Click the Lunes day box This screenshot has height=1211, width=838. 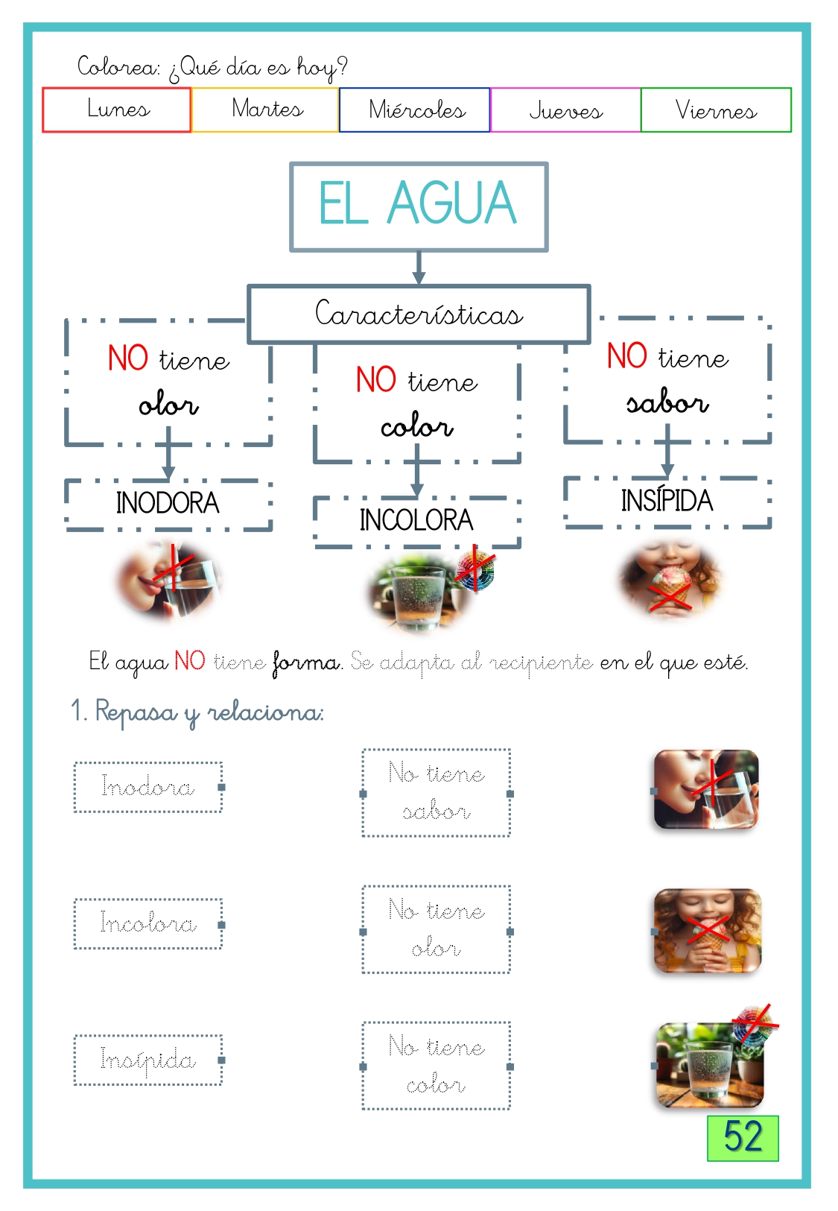coord(117,110)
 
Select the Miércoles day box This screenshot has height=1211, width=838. coord(414,110)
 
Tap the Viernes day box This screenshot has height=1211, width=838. coord(716,110)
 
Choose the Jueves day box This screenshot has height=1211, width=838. coord(565,110)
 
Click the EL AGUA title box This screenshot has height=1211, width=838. coord(419,206)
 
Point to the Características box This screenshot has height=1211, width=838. coord(419,314)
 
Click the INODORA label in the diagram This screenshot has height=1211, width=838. coord(168,503)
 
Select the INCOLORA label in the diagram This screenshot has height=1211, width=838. coord(416,520)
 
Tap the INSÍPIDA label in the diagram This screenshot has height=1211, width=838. coord(667,500)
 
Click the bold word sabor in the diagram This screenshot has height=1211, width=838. coord(668,402)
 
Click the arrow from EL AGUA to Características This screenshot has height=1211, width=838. coord(419,268)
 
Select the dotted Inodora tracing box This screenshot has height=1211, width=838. coord(148,787)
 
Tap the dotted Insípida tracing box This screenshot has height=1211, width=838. coord(148,1060)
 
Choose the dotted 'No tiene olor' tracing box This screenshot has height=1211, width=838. coord(436,929)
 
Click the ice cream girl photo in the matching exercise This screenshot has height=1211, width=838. coord(707,930)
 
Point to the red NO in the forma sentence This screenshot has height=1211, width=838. coord(190,661)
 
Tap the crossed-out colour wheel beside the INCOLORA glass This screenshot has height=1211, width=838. coord(475,570)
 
